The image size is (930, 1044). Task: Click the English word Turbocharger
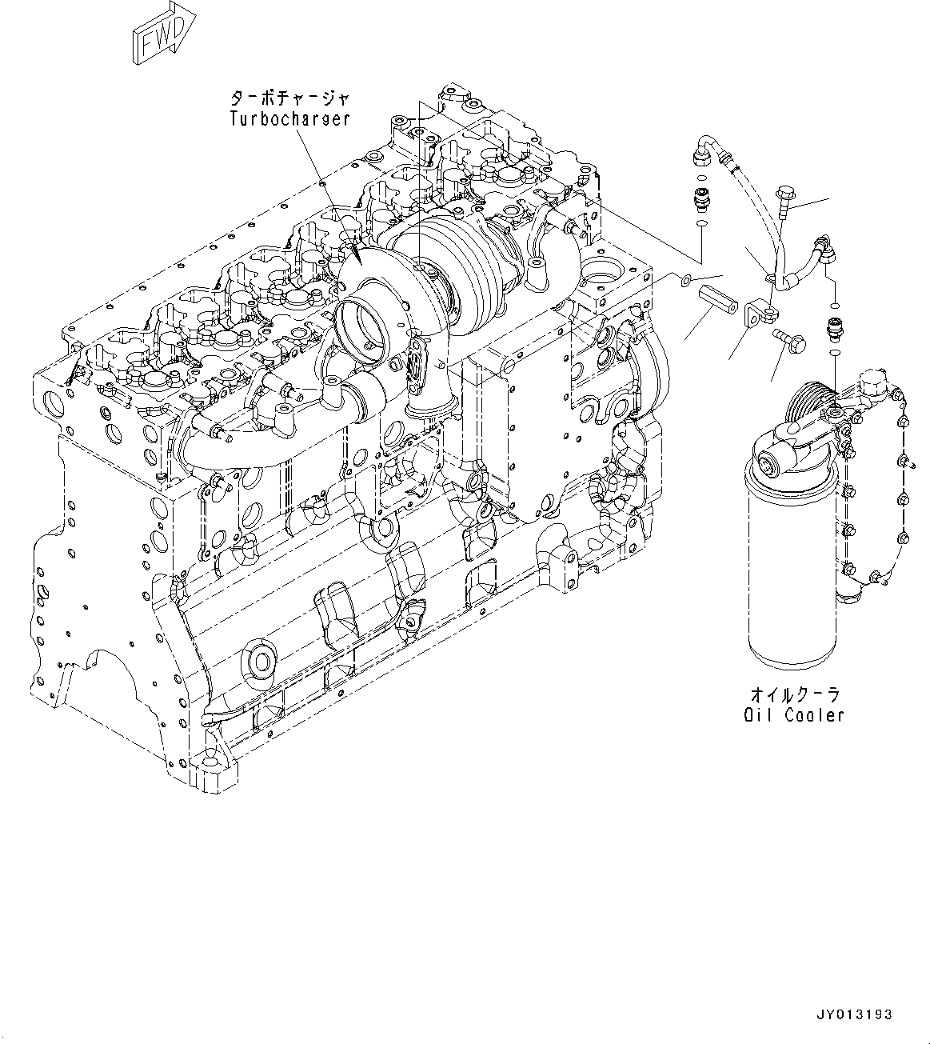coord(289,118)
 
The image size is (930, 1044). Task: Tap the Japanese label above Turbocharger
coord(289,99)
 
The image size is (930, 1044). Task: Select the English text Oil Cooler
coord(792,714)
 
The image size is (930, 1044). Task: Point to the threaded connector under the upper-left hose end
coord(701,196)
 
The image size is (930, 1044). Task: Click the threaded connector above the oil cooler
coord(833,328)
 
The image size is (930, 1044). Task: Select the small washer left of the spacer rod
coord(686,279)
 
